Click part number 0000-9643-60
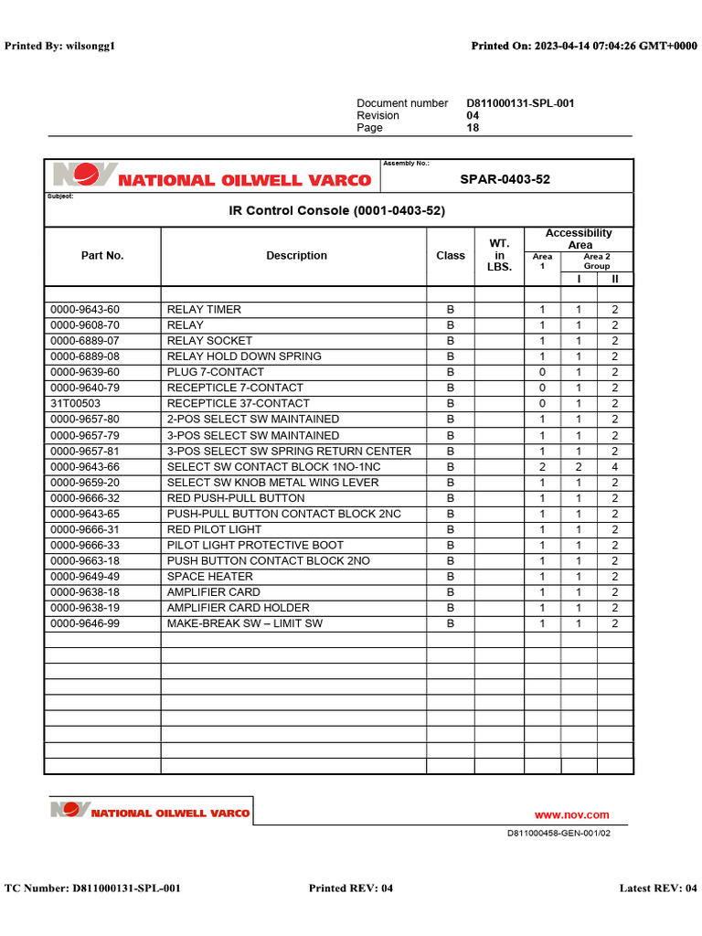[85, 310]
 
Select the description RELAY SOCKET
[209, 341]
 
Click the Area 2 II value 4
[615, 467]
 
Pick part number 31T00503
[76, 403]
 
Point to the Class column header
[451, 256]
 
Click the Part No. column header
[102, 256]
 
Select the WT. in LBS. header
[499, 255]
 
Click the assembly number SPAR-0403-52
[505, 179]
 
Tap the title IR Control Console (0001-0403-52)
[336, 211]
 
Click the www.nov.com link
[571, 815]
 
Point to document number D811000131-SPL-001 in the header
[520, 103]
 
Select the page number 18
[473, 128]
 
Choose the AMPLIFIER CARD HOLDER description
[239, 608]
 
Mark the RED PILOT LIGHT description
[214, 529]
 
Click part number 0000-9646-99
[85, 623]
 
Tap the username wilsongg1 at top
[89, 46]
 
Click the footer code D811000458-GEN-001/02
[558, 834]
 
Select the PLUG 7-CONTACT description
[216, 372]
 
